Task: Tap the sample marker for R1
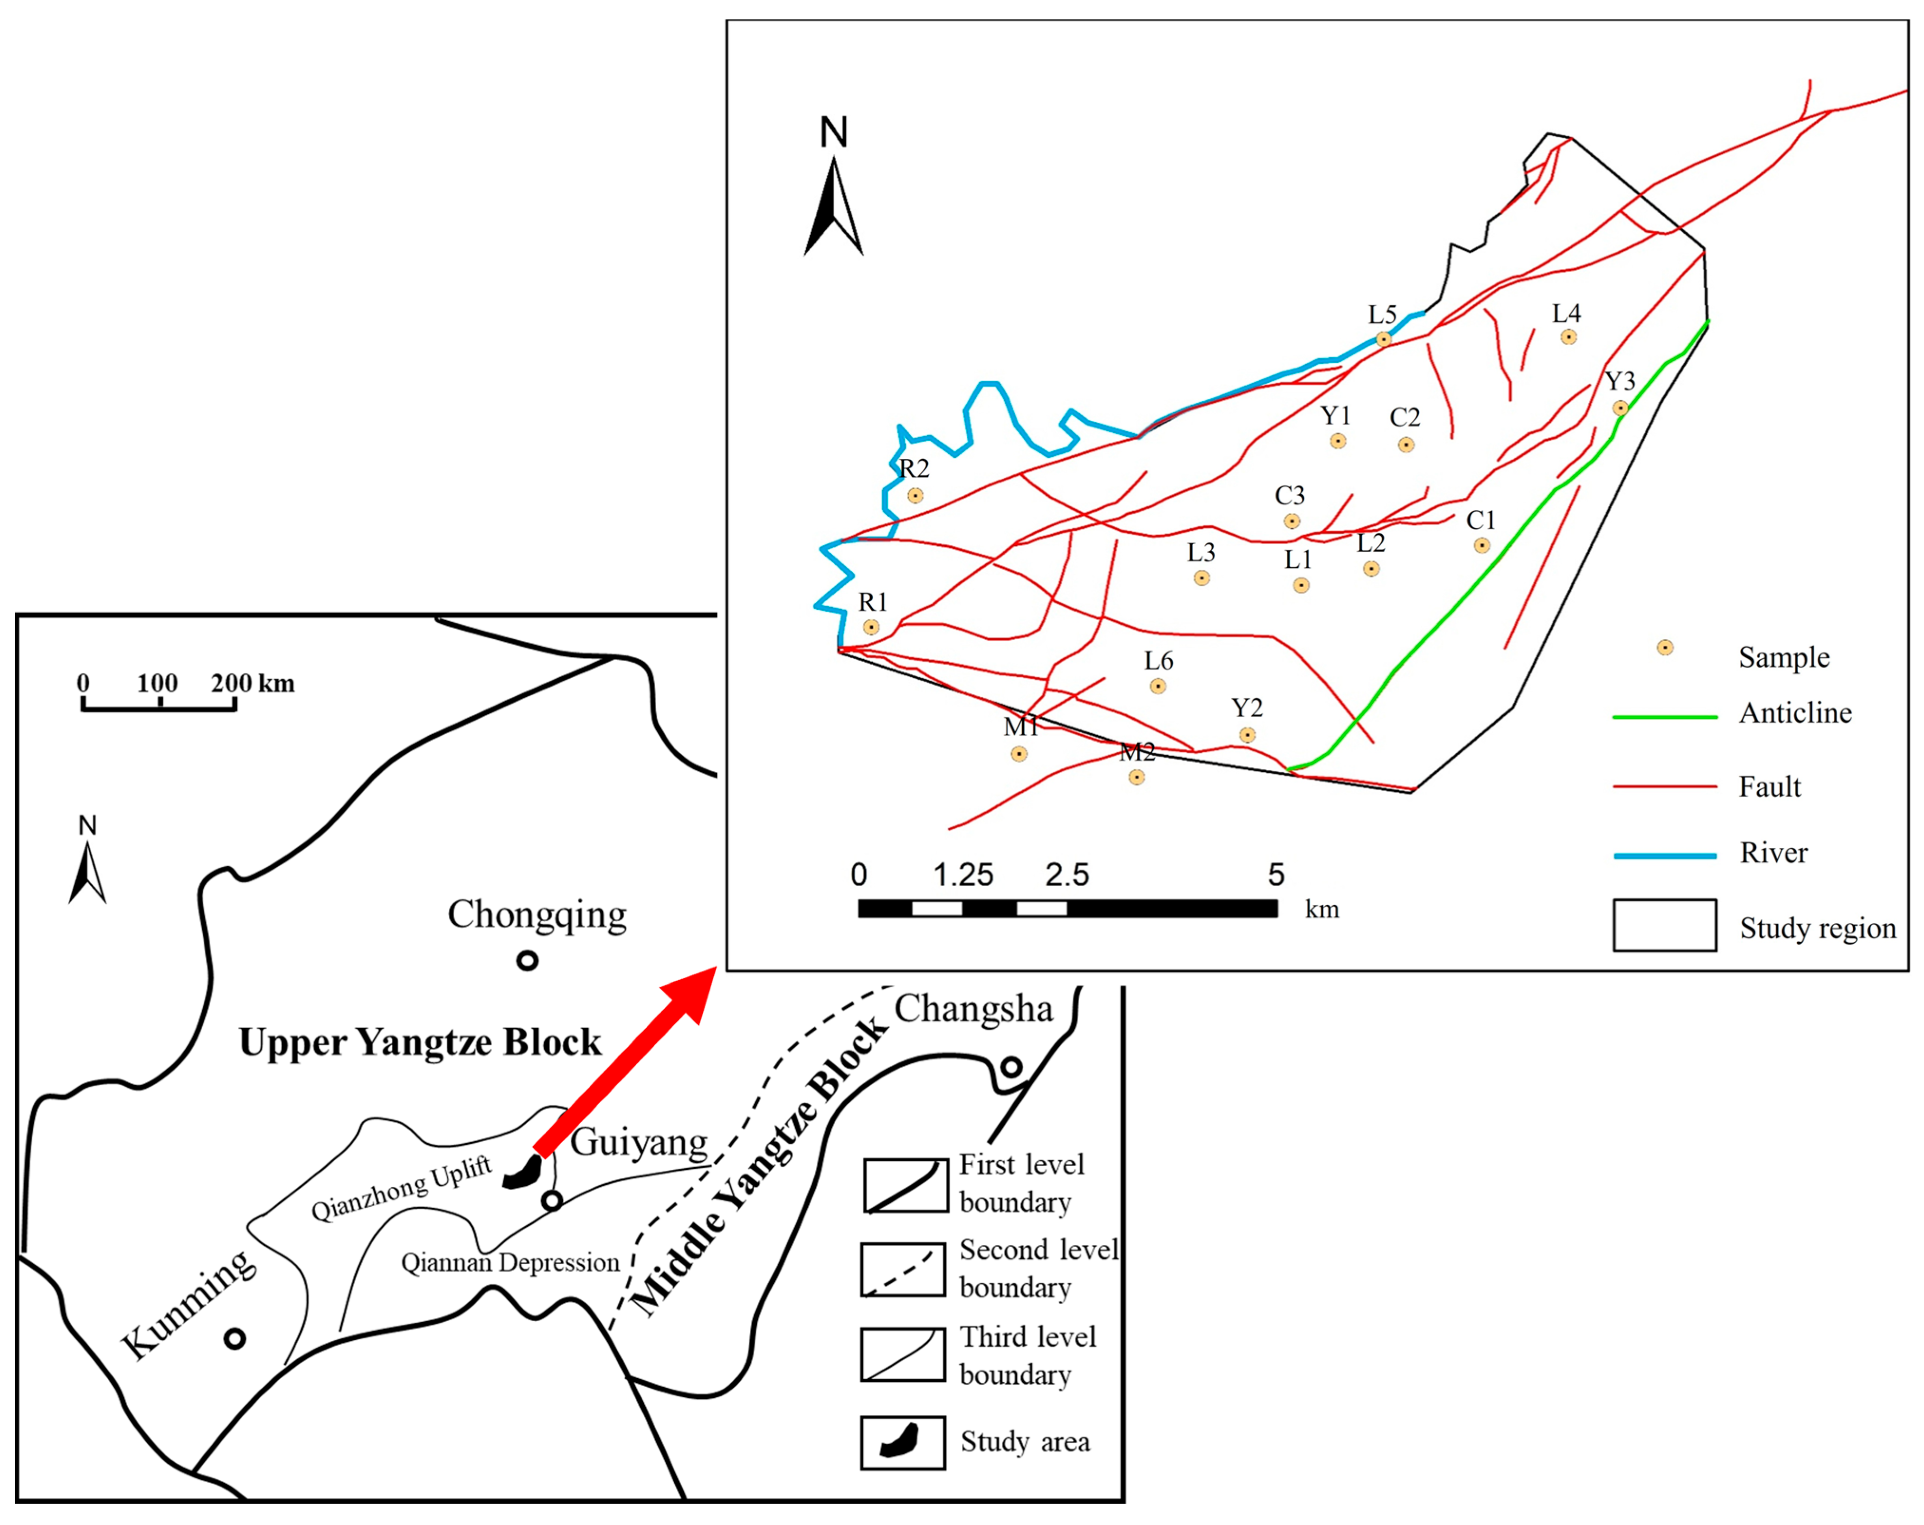[x=871, y=627]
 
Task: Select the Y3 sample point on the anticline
[x=1620, y=409]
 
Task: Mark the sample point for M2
[x=1136, y=777]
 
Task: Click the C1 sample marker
[x=1481, y=545]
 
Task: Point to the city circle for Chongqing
[x=528, y=961]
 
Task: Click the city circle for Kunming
[x=235, y=1338]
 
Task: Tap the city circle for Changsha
[x=1011, y=1066]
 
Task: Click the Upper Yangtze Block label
[x=419, y=1042]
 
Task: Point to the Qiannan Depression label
[x=509, y=1263]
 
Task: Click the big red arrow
[x=625, y=1062]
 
